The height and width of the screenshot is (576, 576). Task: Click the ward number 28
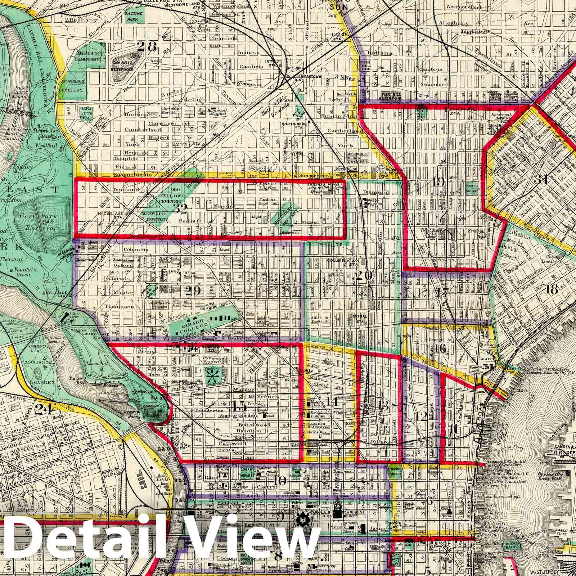(x=147, y=46)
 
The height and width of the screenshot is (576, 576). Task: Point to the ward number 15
(x=239, y=406)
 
